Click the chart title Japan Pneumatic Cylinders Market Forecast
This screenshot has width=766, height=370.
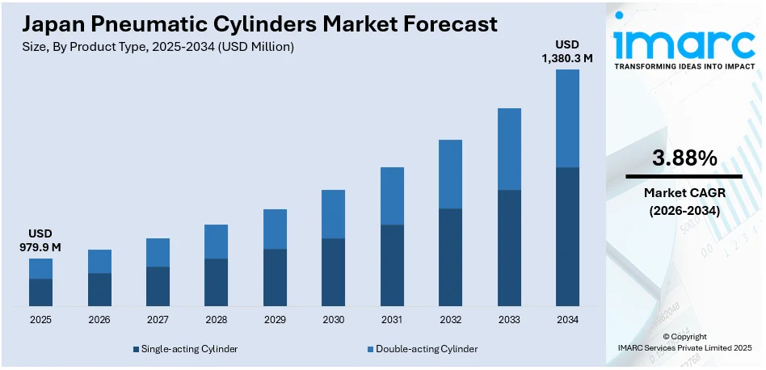[x=260, y=24]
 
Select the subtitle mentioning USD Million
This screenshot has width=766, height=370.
[x=158, y=47]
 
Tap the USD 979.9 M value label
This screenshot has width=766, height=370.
[x=40, y=239]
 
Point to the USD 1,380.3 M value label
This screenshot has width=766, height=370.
[x=568, y=50]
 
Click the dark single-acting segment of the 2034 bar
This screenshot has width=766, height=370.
[x=568, y=237]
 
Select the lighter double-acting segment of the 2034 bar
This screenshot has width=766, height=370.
[x=568, y=118]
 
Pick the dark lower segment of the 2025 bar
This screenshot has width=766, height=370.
[x=40, y=292]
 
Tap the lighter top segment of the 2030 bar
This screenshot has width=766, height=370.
[x=334, y=214]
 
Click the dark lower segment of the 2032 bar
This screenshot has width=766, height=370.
[x=451, y=257]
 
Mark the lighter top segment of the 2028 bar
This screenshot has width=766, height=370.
[x=217, y=242]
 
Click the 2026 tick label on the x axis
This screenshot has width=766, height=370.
[x=99, y=320]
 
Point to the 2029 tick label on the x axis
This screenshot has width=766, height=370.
[x=275, y=320]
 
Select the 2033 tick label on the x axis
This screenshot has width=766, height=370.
[x=509, y=320]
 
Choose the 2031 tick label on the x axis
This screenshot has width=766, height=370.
[x=392, y=320]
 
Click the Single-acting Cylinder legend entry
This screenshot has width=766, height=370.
[x=184, y=349]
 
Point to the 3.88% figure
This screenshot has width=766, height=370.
[x=684, y=159]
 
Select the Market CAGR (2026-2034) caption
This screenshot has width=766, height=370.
[x=684, y=201]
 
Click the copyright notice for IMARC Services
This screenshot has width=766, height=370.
[x=684, y=342]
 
